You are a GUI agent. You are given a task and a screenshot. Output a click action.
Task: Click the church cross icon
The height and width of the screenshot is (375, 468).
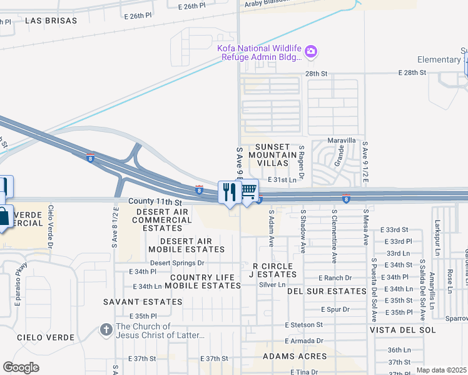107,329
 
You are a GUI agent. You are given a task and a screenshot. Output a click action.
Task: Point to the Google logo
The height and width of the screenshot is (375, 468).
21,367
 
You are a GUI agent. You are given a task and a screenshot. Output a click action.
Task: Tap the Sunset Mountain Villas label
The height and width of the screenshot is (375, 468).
272,154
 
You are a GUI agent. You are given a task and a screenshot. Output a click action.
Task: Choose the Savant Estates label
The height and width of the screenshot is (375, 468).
144,301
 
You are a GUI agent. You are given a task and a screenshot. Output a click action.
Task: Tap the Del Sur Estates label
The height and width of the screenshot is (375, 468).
327,291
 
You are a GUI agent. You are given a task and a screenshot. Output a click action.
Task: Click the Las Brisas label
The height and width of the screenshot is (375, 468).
51,21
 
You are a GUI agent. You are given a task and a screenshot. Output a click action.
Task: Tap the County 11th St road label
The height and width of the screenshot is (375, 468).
155,202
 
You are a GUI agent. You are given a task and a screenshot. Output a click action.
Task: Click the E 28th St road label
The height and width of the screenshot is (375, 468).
412,73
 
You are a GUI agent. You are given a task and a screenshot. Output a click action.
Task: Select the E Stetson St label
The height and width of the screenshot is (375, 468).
303,325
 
